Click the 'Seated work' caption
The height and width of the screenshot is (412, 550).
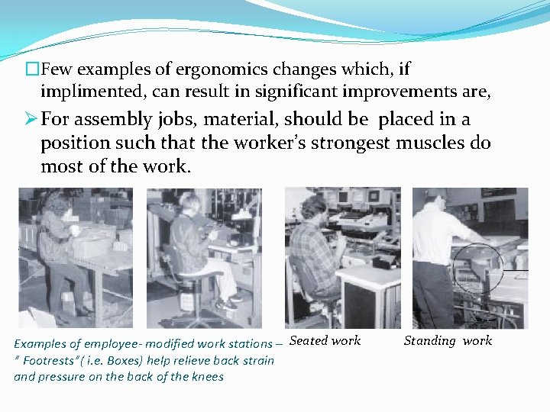point(325,340)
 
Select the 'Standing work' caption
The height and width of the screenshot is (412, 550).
point(448,340)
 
